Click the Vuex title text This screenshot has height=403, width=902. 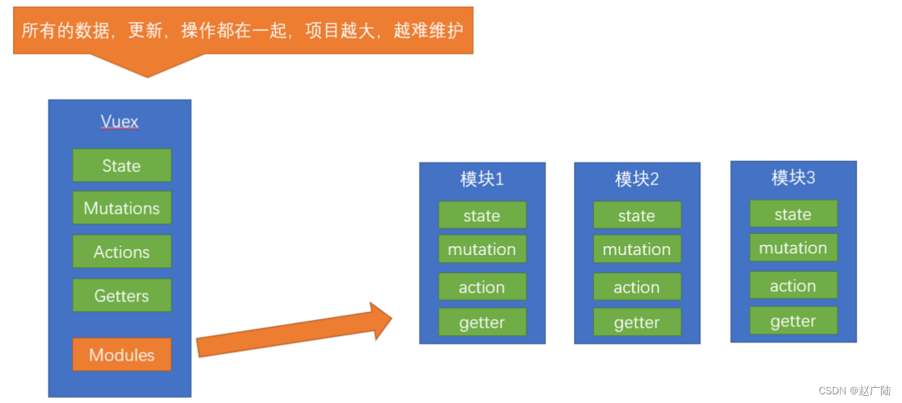tap(119, 121)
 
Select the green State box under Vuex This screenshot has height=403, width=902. tap(122, 165)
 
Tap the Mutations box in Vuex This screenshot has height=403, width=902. tap(122, 208)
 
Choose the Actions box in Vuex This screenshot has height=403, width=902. tap(122, 252)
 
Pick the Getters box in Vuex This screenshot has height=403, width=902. tap(122, 295)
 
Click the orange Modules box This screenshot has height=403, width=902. tap(122, 355)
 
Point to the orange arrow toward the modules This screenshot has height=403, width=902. tap(293, 331)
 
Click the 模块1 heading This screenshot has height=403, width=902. tap(482, 179)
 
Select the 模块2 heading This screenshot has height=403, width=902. tap(637, 179)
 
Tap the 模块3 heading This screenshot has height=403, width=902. tap(793, 178)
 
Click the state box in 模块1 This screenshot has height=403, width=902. tap(482, 215)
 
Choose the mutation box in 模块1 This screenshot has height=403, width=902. tap(482, 249)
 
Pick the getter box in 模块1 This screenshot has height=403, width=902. tap(482, 322)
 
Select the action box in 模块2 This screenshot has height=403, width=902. tap(637, 287)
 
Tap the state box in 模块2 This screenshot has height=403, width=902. tap(637, 215)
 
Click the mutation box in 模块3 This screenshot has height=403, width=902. tap(793, 248)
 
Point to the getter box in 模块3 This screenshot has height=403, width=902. tap(793, 321)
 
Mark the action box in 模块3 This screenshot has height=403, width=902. tap(793, 285)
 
